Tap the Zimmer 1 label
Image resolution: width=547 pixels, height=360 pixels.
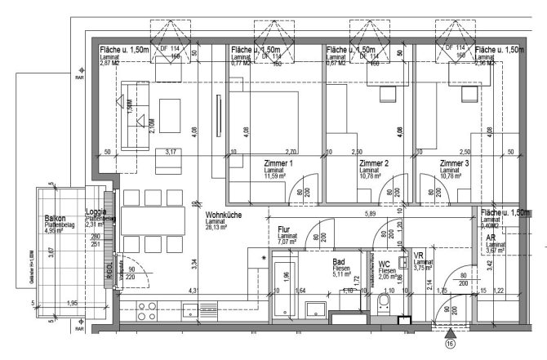[x=279, y=163]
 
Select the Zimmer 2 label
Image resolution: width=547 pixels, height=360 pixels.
[x=374, y=163]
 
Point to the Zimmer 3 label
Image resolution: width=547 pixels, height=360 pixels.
[x=456, y=163]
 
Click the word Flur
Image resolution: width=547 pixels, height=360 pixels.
[x=285, y=230]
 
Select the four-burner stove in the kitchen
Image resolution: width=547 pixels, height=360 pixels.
[x=146, y=310]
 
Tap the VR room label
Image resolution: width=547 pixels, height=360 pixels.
[x=419, y=254]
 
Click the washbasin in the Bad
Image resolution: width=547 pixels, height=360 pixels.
[x=319, y=309]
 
